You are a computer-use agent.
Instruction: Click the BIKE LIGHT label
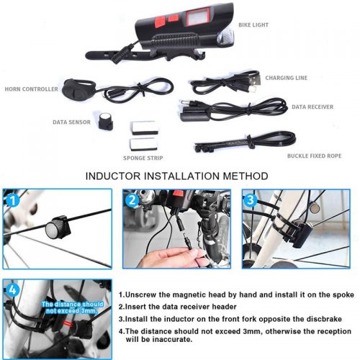253,24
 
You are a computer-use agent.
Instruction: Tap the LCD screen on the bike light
198,17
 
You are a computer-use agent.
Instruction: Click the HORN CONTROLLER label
32,89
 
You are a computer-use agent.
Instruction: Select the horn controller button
73,89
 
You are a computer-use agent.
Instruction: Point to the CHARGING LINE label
287,78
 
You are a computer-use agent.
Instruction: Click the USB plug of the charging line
253,78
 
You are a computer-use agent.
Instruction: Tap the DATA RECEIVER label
312,107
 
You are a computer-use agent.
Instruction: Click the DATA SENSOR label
71,122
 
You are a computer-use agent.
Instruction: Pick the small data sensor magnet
105,120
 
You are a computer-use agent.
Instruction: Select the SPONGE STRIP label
143,158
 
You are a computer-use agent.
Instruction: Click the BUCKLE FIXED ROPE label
314,156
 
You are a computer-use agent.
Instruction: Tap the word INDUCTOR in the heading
113,176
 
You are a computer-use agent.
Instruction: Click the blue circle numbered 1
12,200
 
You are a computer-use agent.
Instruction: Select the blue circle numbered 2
132,200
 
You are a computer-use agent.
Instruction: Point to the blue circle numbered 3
251,200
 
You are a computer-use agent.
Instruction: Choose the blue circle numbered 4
12,290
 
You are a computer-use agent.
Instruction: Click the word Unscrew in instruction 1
140,294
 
